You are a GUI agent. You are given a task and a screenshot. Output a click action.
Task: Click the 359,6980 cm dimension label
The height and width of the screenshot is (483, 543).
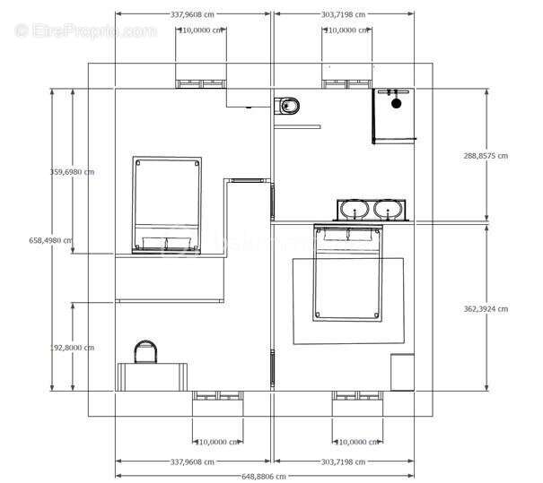[x=62, y=173]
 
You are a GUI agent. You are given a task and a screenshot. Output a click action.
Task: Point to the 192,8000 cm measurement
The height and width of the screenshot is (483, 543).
[x=62, y=347]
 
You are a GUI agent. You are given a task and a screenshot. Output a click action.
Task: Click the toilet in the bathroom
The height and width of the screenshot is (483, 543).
[x=287, y=106]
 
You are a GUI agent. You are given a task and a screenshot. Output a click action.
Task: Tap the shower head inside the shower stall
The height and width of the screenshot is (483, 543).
[x=395, y=102]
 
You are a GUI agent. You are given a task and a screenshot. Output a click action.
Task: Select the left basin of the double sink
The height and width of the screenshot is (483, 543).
[x=355, y=211]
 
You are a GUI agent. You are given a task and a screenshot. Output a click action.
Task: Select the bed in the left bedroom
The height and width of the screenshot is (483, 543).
[x=167, y=205]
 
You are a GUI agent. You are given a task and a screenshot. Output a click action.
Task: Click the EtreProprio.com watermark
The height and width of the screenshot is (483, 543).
[x=86, y=31]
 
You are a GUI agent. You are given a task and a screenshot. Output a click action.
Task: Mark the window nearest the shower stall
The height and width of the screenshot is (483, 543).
[x=347, y=83]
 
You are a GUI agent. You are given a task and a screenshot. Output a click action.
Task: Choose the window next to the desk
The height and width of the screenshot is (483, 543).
[x=217, y=395]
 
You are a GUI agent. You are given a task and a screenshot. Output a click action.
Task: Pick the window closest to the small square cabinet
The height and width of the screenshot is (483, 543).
[x=358, y=395]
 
